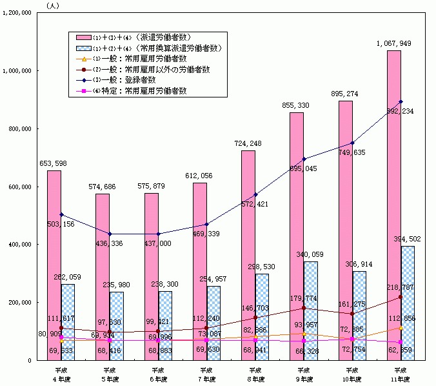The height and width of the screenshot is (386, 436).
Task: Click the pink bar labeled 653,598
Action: tap(54, 265)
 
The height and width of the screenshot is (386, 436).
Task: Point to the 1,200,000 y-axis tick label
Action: tap(18, 13)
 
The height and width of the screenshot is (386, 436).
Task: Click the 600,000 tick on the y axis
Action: tap(21, 187)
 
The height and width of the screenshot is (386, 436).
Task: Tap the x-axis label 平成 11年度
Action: tap(399, 373)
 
